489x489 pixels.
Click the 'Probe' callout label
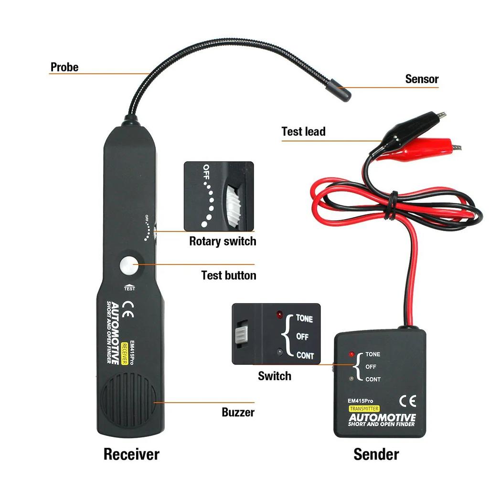pos(64,67)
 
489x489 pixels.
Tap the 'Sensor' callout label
pos(422,79)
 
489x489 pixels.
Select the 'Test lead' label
pos(303,131)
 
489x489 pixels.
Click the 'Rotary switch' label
pos(223,241)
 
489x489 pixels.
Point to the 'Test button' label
pos(228,276)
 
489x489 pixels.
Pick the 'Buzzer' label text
pos(238,412)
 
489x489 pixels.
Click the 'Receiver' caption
pos(131,454)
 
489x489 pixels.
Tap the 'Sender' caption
pos(376,454)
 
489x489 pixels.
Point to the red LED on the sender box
pos(352,355)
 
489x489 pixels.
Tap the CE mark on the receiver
pos(128,309)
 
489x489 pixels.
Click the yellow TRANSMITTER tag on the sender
pos(364,409)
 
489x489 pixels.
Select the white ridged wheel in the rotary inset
pos(235,205)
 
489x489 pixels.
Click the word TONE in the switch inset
pos(305,318)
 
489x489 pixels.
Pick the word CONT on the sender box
pos(373,380)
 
